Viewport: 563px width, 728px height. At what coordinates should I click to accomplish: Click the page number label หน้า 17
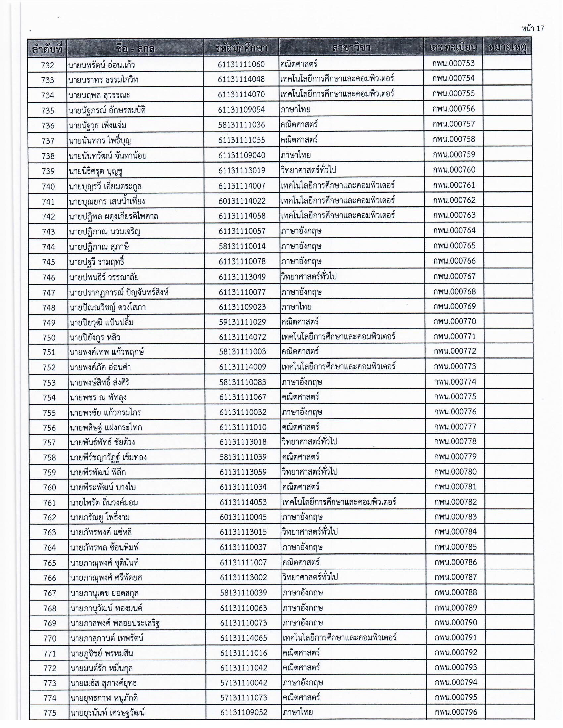(533, 29)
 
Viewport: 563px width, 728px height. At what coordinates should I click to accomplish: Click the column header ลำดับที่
(47, 49)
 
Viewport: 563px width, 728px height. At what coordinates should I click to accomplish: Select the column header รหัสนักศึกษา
(241, 48)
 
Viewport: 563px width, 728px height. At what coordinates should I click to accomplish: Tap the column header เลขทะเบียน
(453, 47)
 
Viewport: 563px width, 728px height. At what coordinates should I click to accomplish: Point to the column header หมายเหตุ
(507, 47)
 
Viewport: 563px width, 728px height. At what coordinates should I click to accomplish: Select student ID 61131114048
(241, 79)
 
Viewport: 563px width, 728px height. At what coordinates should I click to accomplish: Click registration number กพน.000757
(454, 124)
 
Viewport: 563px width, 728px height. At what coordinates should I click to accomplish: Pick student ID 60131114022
(242, 201)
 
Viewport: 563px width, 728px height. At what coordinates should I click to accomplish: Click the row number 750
(49, 337)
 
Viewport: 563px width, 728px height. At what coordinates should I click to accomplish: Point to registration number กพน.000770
(454, 321)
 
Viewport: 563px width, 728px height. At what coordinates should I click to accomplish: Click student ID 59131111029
(242, 322)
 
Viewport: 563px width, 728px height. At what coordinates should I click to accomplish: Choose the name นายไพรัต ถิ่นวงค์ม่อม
(104, 502)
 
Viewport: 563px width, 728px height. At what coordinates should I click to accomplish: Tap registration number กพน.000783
(455, 517)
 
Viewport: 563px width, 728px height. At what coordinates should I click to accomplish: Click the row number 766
(49, 578)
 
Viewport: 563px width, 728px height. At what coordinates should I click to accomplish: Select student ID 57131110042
(243, 683)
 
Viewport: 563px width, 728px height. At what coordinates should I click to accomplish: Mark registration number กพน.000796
(456, 712)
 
